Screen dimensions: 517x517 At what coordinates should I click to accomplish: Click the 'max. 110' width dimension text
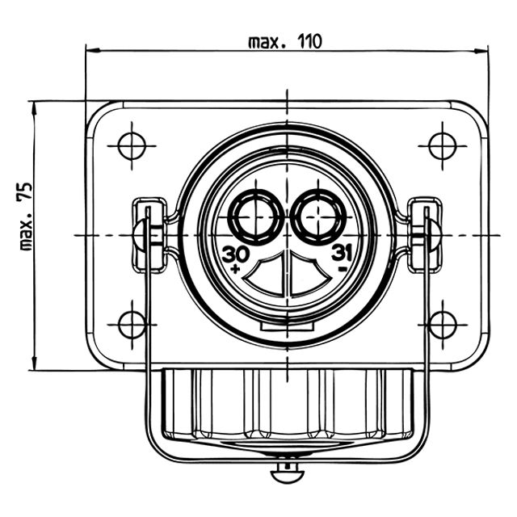(284, 41)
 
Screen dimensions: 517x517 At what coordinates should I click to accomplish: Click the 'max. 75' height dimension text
(26, 216)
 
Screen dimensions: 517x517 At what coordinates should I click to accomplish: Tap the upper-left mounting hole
(132, 145)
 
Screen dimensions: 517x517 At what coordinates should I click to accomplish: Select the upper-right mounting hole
(443, 145)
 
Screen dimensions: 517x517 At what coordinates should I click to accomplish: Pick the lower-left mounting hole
(132, 325)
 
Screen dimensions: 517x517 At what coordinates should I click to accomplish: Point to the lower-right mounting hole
(443, 325)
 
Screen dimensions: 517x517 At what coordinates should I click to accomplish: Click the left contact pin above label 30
(256, 217)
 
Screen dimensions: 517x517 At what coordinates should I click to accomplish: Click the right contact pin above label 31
(318, 217)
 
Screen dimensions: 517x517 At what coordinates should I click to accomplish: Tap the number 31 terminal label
(342, 253)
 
